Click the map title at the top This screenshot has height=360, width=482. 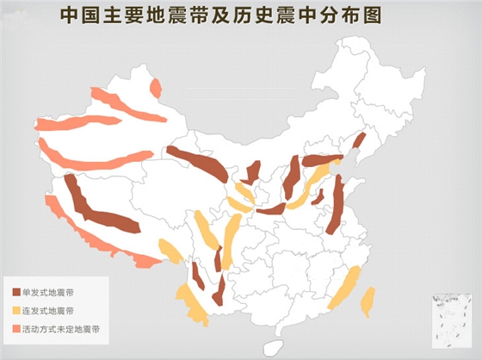[225, 15]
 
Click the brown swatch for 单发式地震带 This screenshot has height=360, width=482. [16, 291]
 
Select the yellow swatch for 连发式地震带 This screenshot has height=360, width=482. [16, 310]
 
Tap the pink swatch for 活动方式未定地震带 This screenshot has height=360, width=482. [16, 329]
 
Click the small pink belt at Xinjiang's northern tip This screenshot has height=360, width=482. [156, 88]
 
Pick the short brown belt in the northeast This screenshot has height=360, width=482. [359, 141]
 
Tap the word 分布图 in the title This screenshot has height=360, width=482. [364, 15]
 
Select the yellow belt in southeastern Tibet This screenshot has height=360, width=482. [170, 250]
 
